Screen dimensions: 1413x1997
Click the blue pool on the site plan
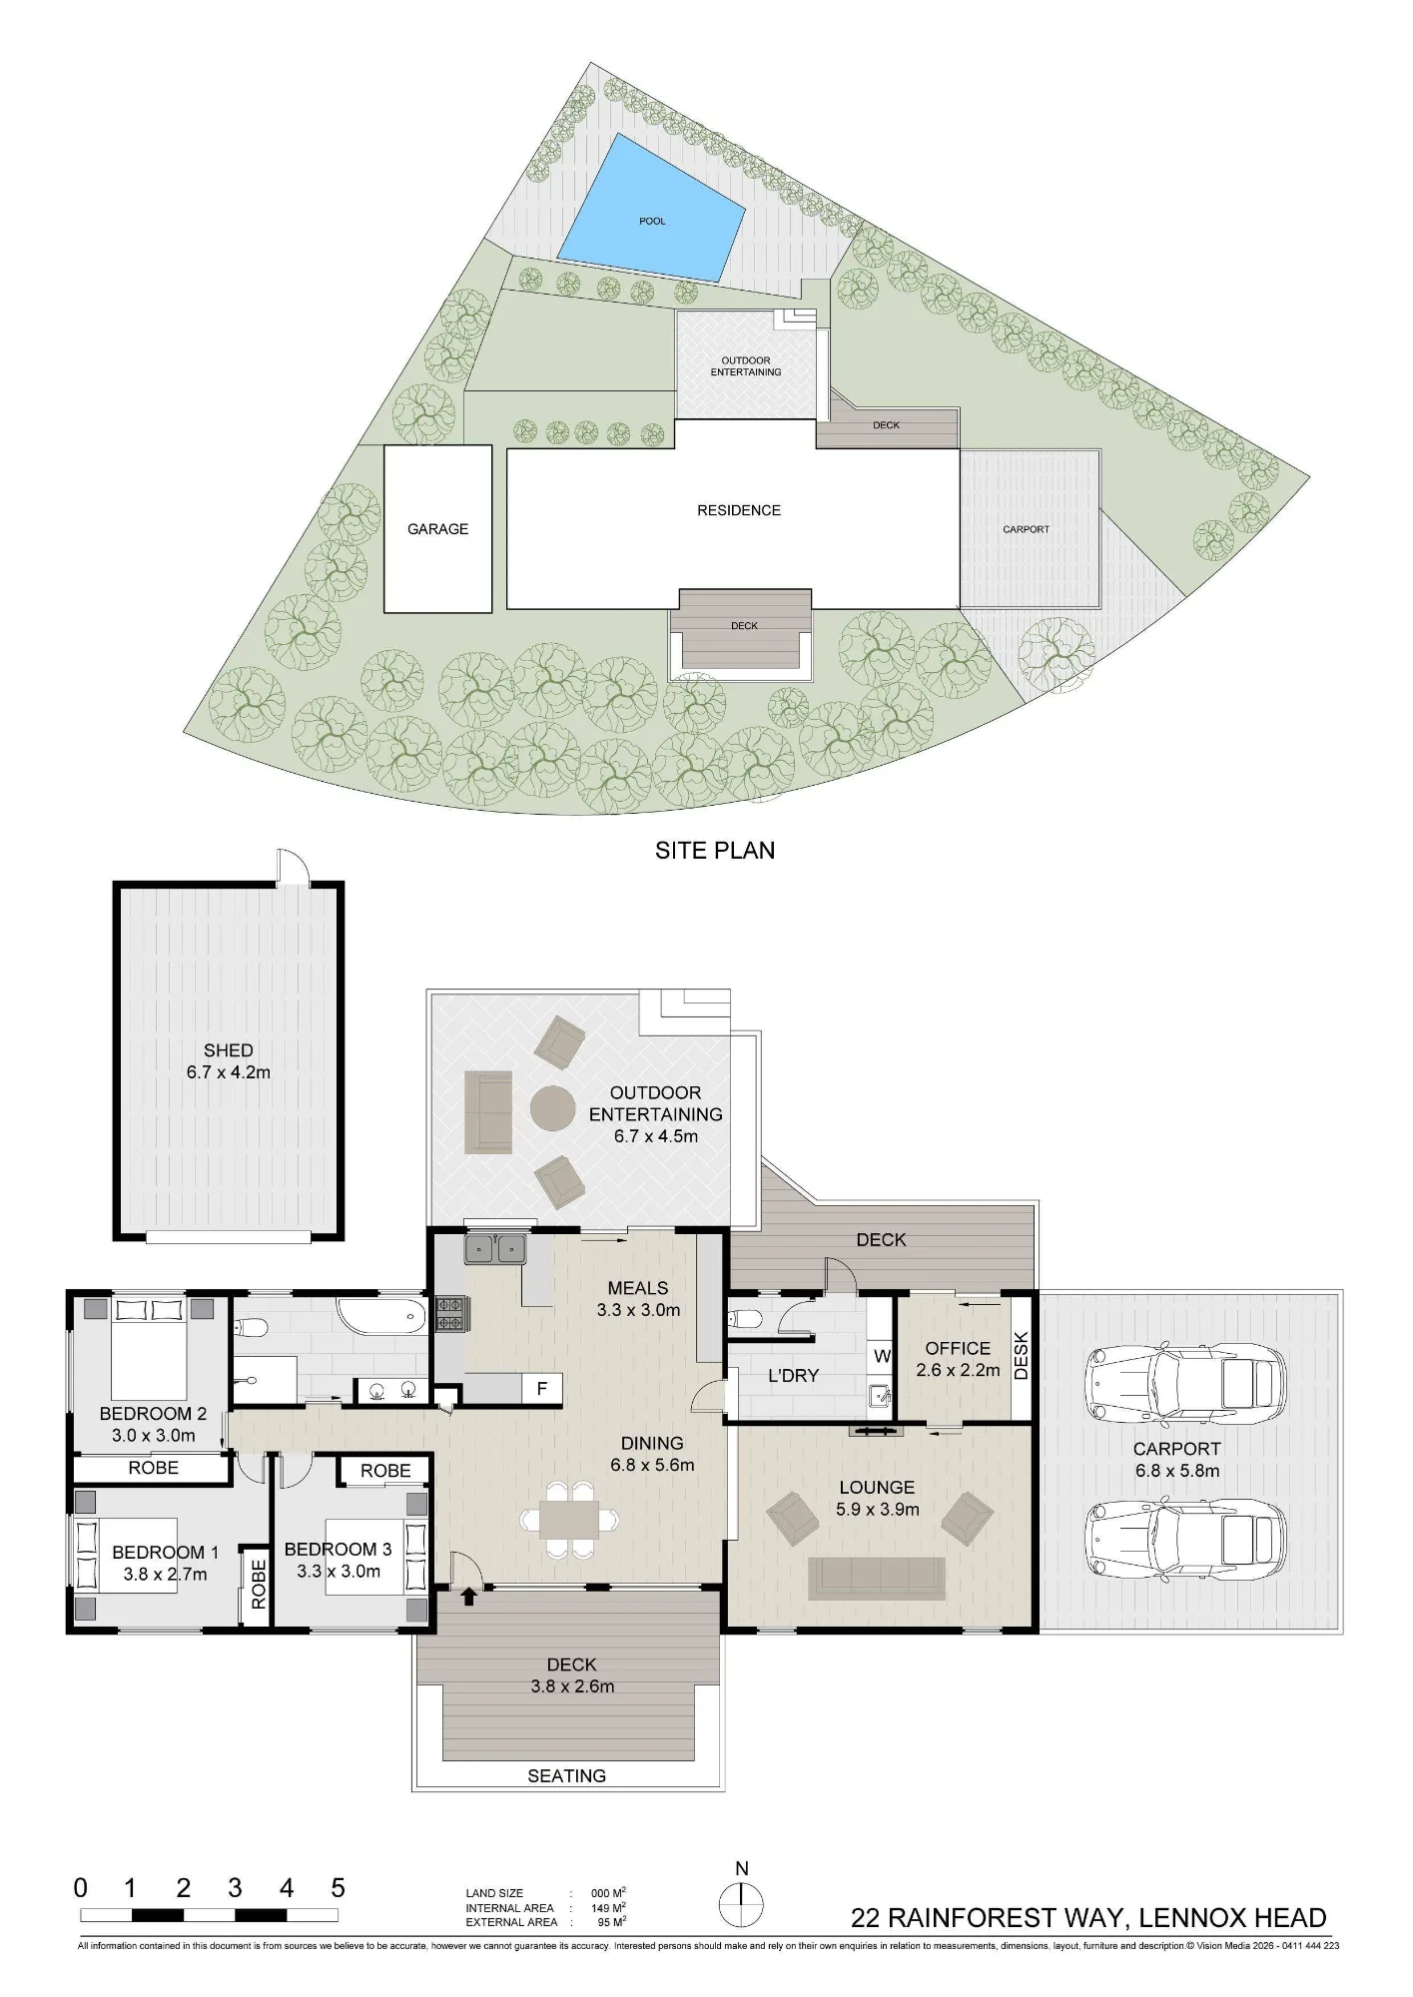pos(651,210)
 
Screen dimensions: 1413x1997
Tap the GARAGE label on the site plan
pos(437,529)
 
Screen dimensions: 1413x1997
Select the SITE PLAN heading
pos(715,850)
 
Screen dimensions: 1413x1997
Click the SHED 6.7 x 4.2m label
pos(229,1061)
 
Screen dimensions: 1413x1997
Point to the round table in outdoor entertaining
pos(552,1107)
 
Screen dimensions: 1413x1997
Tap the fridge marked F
pos(542,1388)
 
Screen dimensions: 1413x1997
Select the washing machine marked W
pos(882,1356)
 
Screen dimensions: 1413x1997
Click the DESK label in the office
pos(1021,1356)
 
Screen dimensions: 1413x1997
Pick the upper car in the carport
pos(1184,1384)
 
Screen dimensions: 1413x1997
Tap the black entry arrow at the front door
pos(468,1597)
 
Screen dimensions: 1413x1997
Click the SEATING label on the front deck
pos(566,1775)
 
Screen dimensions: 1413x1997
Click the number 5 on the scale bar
pos(338,1888)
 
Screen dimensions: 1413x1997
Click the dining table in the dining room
pos(571,1520)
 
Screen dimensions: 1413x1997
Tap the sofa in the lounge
pos(877,1578)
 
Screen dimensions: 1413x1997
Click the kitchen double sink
pos(495,1248)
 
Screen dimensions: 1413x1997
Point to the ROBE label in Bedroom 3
pos(385,1471)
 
